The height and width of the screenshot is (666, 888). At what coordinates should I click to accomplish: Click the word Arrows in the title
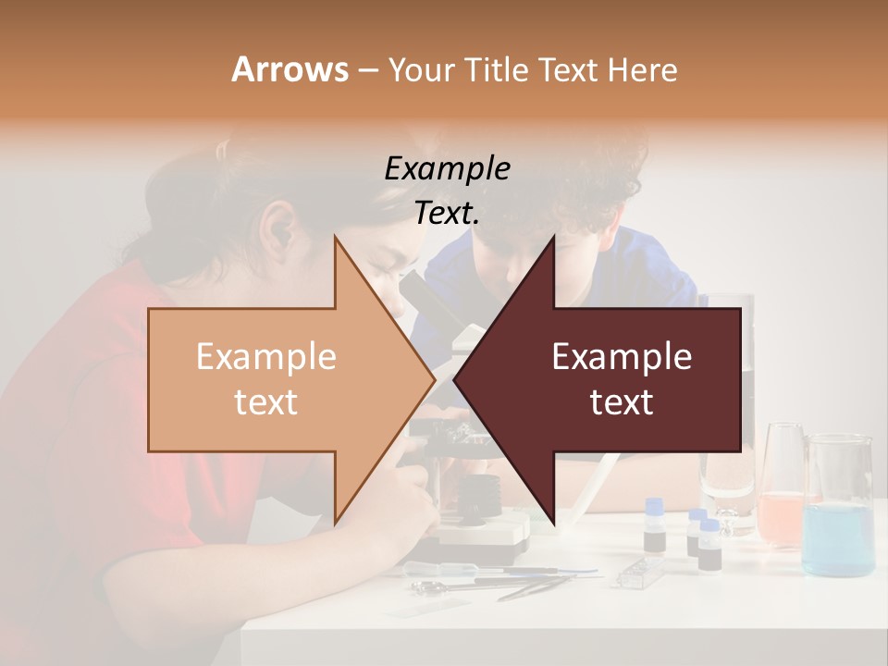(290, 69)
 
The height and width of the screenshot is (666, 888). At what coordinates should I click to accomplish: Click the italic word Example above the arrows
(447, 168)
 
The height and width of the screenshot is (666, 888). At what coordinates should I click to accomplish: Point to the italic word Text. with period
(447, 213)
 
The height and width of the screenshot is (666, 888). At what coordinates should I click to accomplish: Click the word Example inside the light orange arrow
(265, 356)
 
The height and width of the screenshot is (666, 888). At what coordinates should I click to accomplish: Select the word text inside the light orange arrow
(265, 402)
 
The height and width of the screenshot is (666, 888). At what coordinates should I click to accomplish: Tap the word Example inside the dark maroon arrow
(622, 356)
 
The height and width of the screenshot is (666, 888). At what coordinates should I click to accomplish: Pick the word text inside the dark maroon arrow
(622, 402)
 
